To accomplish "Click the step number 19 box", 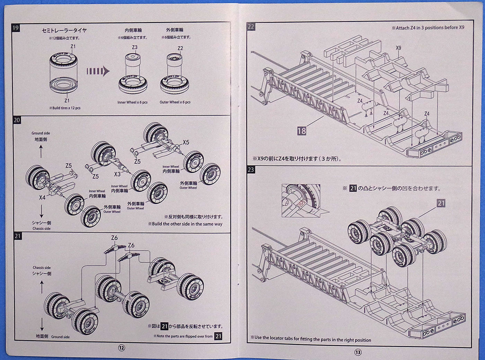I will (x=16, y=28).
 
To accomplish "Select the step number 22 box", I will (x=250, y=27).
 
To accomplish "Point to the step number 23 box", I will (x=251, y=170).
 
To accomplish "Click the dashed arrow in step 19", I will (x=98, y=71).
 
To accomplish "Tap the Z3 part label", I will (x=135, y=47).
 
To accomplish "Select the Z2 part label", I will (x=180, y=48).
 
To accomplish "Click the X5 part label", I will (x=186, y=142).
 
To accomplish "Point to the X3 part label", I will (x=117, y=174).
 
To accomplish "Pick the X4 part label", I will (x=42, y=198).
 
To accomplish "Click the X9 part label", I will (x=398, y=48).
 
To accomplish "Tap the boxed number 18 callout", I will (x=301, y=130).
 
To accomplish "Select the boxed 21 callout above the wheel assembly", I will (x=441, y=203).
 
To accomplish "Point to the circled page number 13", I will (x=358, y=352).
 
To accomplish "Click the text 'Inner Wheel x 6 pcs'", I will (x=132, y=102).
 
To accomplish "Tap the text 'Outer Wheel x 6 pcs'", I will (x=175, y=102).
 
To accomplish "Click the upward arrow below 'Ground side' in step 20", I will (x=41, y=151).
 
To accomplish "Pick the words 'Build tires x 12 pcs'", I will (x=65, y=108).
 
